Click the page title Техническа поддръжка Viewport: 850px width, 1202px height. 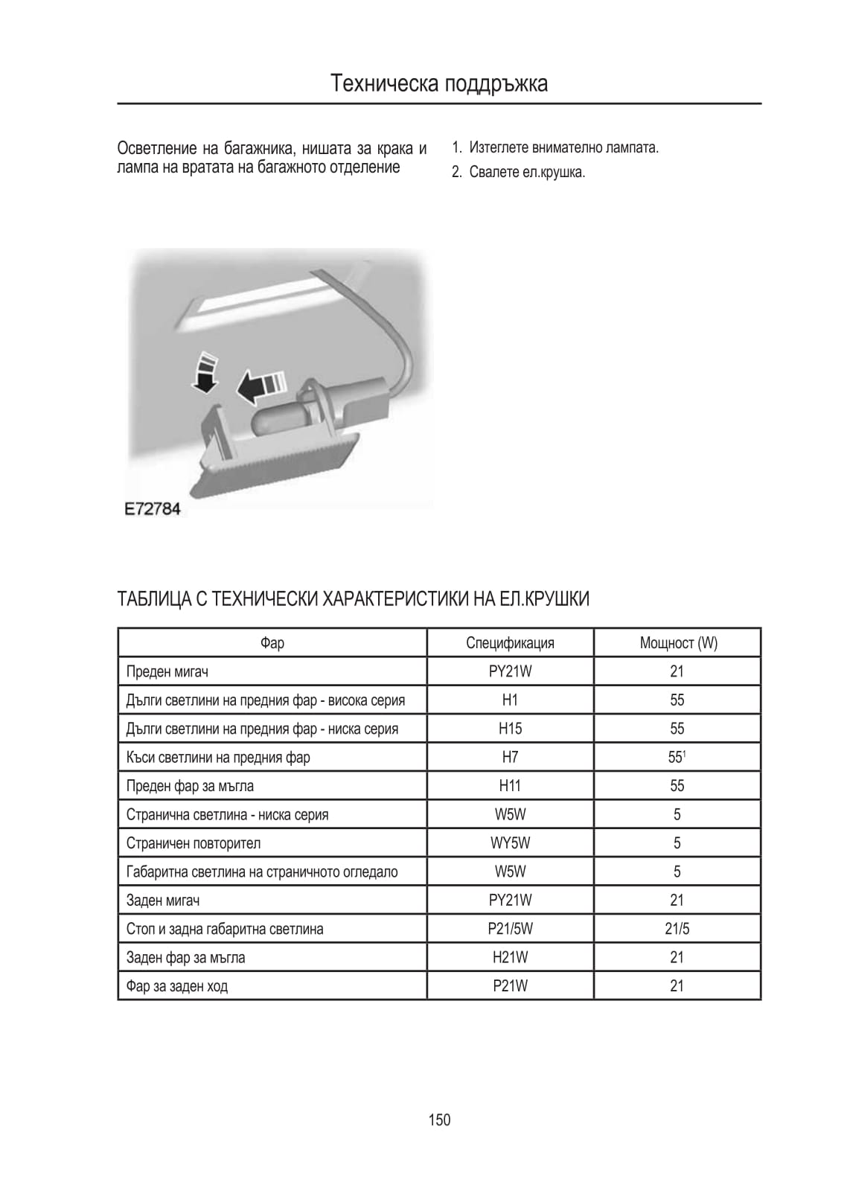coord(439,83)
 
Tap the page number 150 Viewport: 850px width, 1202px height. coord(439,1119)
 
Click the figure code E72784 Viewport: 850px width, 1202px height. coord(153,510)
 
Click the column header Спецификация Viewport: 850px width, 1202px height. coord(510,643)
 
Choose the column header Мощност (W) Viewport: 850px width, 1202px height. coord(678,643)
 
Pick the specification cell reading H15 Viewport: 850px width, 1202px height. coord(510,729)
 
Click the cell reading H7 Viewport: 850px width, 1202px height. coord(510,758)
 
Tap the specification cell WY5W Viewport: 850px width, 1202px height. coord(510,843)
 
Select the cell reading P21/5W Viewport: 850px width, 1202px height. coord(510,929)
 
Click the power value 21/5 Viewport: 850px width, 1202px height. coord(677,929)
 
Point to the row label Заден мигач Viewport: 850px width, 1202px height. coord(163,901)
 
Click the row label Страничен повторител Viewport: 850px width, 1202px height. coord(194,843)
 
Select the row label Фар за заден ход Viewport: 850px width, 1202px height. coord(177,986)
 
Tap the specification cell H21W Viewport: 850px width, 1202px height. coord(510,958)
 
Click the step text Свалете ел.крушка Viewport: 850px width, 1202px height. coord(527,173)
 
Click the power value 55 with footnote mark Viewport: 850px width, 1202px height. coord(677,758)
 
